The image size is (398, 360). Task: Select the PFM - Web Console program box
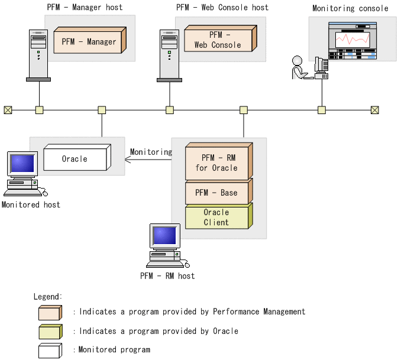pyautogui.click(x=217, y=40)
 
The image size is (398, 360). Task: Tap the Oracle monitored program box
pyautogui.click(x=74, y=159)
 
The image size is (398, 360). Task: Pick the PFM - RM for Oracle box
pyautogui.click(x=216, y=163)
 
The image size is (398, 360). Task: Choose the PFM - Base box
pyautogui.click(x=216, y=193)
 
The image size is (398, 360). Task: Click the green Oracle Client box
pyautogui.click(x=216, y=217)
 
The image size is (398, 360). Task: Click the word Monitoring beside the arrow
pyautogui.click(x=151, y=152)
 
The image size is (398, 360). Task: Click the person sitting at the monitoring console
pyautogui.click(x=299, y=67)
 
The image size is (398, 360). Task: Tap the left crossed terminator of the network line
pyautogui.click(x=8, y=110)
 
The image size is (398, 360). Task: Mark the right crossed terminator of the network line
pyautogui.click(x=374, y=110)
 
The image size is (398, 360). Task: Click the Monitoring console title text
pyautogui.click(x=350, y=8)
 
